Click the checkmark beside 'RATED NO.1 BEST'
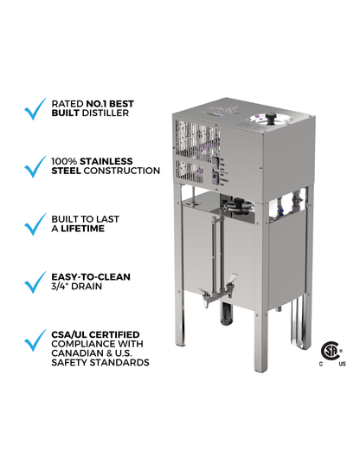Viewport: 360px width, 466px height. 35,109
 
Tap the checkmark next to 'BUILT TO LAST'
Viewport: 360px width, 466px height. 35,224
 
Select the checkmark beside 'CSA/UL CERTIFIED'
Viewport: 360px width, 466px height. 35,340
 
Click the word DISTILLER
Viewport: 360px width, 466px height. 106,113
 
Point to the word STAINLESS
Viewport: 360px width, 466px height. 106,161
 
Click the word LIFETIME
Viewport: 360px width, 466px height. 82,229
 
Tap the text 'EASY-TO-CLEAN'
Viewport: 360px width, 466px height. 91,276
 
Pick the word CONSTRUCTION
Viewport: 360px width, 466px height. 121,171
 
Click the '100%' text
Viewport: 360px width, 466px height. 64,161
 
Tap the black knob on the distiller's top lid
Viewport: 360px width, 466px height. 271,118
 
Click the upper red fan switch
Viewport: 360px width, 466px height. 215,161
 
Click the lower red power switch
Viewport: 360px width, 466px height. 215,178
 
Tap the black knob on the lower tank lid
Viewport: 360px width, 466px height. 240,203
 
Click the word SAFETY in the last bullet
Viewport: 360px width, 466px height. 69,363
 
